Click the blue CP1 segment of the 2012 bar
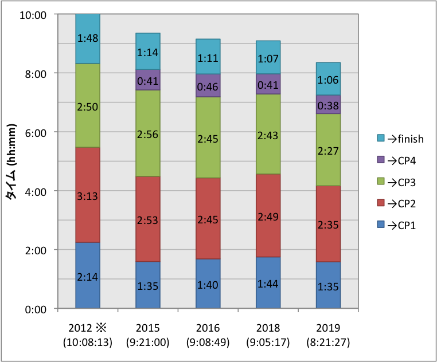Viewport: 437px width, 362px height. [88, 276]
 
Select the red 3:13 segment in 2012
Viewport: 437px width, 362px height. [88, 195]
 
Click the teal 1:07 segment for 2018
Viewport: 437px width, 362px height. [268, 57]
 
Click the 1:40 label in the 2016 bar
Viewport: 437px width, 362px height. [208, 285]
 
